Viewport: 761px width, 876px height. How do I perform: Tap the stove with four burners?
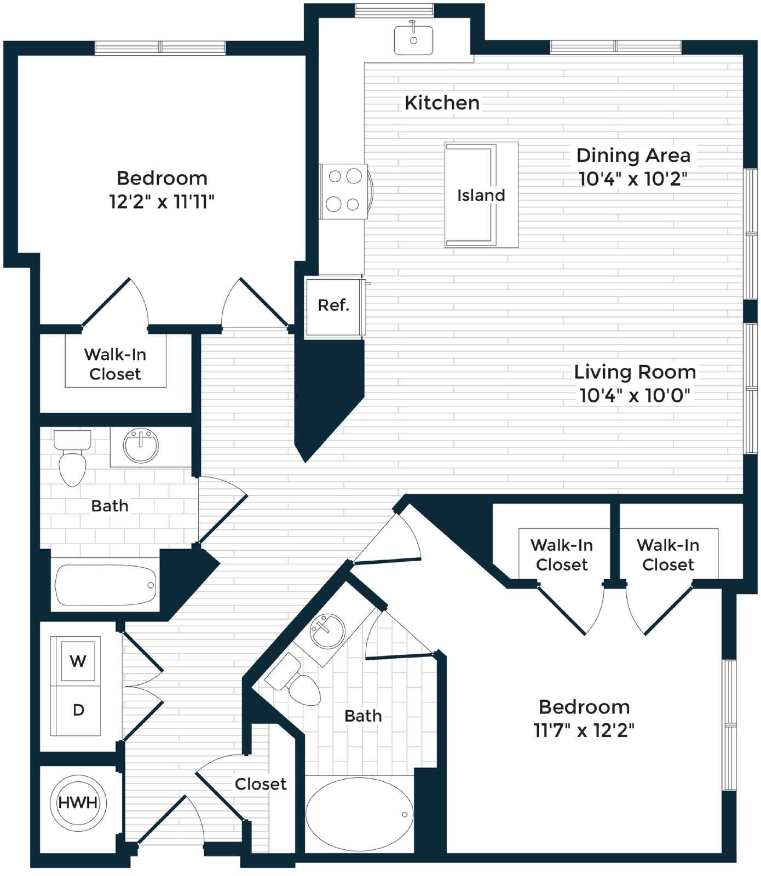(344, 191)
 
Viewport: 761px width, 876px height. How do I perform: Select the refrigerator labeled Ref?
(334, 306)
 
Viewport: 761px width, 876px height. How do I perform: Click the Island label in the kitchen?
(481, 195)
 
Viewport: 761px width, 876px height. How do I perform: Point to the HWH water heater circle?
(78, 803)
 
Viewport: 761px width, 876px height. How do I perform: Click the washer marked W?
(78, 661)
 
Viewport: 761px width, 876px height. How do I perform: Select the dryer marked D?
(78, 710)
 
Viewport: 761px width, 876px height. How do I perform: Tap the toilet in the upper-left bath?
(73, 458)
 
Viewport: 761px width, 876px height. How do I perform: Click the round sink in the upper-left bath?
(141, 446)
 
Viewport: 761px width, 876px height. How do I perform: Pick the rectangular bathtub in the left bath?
(105, 585)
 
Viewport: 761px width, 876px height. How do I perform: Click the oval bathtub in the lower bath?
(359, 814)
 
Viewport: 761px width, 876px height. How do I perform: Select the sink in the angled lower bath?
(327, 631)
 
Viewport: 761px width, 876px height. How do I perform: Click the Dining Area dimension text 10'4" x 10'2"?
(633, 178)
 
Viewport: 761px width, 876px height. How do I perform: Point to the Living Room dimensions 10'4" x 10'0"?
(635, 395)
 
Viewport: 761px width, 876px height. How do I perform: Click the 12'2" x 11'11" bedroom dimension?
(162, 201)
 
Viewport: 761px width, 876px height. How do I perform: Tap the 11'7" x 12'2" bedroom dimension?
(584, 730)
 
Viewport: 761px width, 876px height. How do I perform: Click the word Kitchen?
(442, 102)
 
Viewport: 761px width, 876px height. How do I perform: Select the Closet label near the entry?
(261, 784)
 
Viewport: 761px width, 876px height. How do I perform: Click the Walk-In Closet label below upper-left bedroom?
(115, 364)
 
